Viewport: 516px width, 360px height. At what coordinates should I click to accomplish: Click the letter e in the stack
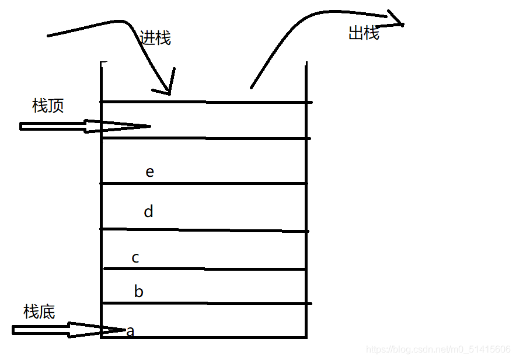tap(150, 172)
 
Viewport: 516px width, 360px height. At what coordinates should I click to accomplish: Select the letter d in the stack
tap(148, 211)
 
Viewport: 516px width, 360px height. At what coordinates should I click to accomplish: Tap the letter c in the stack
tap(135, 257)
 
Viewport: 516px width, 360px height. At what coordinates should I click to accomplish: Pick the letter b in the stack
tap(138, 291)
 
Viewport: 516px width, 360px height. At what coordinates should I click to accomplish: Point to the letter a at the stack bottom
tap(131, 332)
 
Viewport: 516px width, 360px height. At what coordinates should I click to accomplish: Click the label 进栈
tap(155, 38)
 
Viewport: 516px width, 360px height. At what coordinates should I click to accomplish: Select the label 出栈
tap(364, 33)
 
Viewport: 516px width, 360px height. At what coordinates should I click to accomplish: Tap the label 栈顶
tap(48, 106)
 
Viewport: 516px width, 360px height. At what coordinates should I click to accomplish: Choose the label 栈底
tap(39, 312)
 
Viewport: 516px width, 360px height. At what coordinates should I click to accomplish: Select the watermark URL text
tap(438, 349)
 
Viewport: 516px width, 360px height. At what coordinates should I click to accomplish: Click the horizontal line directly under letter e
tap(204, 183)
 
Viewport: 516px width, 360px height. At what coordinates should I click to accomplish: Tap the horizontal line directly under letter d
tap(204, 230)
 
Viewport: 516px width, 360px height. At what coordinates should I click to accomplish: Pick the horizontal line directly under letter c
tap(204, 269)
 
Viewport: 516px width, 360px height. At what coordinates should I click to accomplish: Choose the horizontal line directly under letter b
tap(204, 303)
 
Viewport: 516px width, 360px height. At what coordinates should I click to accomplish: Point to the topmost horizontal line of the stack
tap(204, 102)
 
